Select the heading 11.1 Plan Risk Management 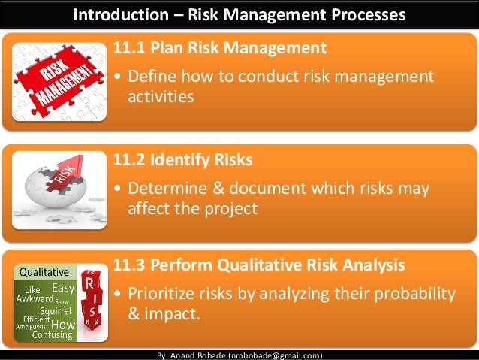(x=219, y=49)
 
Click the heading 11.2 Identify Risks (x=182, y=160)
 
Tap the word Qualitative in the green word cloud (x=44, y=271)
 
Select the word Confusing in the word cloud (x=52, y=335)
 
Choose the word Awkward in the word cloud (x=35, y=299)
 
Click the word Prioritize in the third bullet (x=163, y=292)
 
